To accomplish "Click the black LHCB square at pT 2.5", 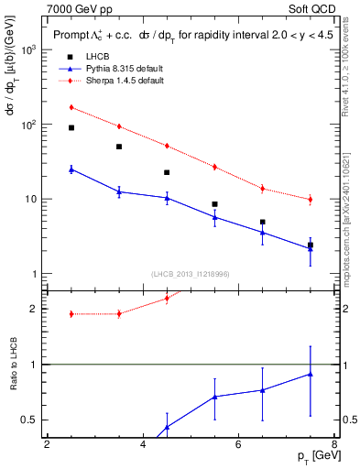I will (71, 128).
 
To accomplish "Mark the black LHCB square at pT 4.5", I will (167, 172).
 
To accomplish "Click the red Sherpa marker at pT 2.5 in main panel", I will (71, 107).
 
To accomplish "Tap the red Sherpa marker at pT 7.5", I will (311, 199).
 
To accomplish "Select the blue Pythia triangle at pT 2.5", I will (71, 169).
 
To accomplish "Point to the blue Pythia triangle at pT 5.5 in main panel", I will (214, 216).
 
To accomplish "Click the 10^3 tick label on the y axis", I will (28, 49).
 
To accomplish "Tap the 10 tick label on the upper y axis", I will (30, 199).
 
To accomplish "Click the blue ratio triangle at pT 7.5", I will (311, 374).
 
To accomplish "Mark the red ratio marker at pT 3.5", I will (119, 313).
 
